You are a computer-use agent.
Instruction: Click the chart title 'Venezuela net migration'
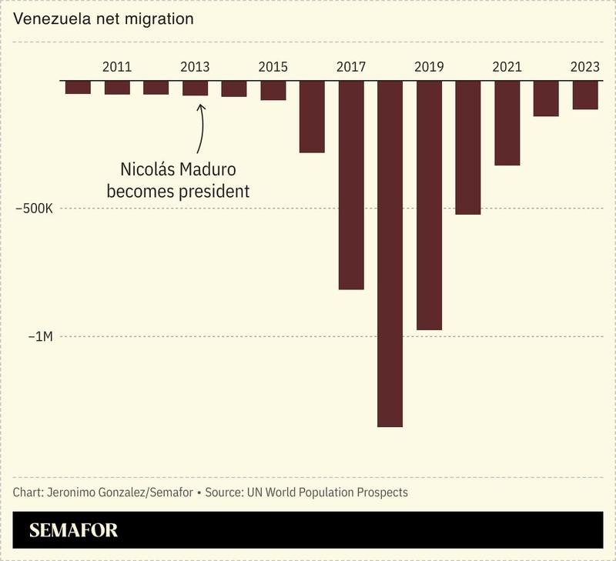tap(103, 18)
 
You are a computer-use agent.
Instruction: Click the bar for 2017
tap(351, 185)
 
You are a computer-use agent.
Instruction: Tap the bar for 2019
tap(429, 205)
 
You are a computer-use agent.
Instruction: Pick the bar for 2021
tap(507, 122)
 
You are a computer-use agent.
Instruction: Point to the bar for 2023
tap(585, 95)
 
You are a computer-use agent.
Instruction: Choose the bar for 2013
tap(195, 88)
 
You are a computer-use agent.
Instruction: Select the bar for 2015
tap(273, 90)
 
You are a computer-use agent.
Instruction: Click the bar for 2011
tap(117, 87)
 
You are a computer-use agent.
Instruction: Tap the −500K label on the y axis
tap(35, 209)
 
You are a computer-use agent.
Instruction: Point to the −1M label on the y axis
tap(41, 336)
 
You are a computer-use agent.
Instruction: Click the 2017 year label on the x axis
tap(351, 67)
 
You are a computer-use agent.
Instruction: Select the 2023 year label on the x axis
tap(585, 67)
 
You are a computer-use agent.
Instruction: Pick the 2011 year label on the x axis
tap(117, 67)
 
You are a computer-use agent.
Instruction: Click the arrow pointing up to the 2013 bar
tap(201, 127)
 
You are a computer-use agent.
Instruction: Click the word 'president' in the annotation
tap(213, 192)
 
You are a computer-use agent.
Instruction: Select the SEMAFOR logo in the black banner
tap(73, 530)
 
